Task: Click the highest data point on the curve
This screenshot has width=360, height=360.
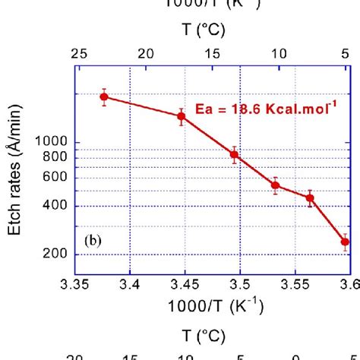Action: click(104, 96)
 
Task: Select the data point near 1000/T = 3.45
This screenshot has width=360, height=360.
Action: click(182, 115)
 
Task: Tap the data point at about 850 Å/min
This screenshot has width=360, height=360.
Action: click(235, 154)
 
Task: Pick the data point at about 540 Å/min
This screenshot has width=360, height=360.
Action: click(276, 185)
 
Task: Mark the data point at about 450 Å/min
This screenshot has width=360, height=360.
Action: click(310, 197)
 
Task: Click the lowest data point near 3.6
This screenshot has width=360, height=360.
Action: click(345, 242)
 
